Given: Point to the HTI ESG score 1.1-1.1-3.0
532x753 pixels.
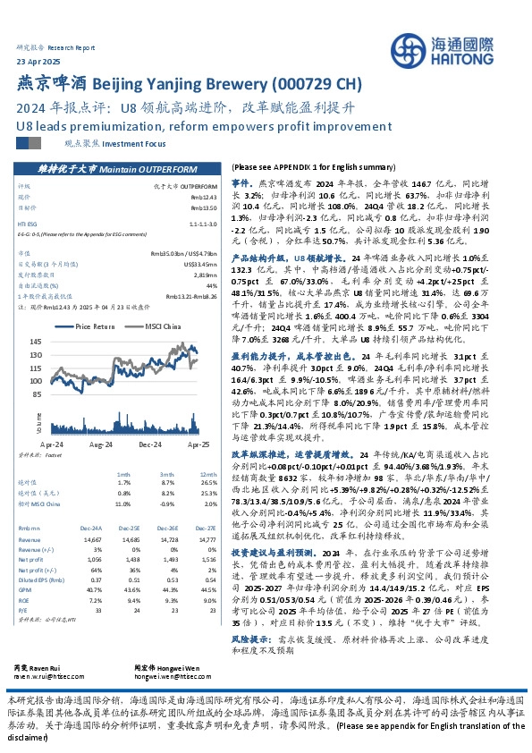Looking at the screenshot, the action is pos(202,221).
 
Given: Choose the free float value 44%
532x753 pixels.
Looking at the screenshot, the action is pos(211,285).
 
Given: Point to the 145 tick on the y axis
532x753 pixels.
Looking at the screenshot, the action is pos(62,342).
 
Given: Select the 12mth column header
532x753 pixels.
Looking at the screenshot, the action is pos(207,475).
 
